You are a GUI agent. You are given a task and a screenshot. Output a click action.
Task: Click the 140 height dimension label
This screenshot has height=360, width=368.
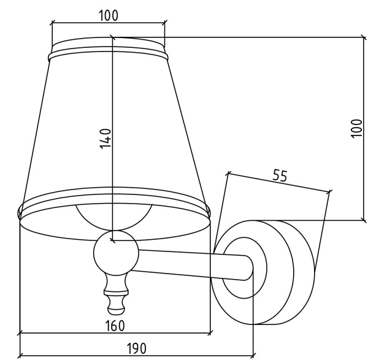point(105,139)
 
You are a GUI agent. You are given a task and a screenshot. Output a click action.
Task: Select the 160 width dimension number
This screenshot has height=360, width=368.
point(115,326)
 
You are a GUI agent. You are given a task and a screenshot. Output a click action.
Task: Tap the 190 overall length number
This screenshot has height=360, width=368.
point(137,348)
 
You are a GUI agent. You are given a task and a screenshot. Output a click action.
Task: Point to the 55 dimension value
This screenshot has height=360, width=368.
point(280,175)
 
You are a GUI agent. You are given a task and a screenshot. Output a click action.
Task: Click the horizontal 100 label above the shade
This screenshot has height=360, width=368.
point(108,16)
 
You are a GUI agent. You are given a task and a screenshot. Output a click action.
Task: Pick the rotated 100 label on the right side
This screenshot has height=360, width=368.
point(356,129)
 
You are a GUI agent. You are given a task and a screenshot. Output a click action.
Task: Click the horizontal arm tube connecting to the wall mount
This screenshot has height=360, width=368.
point(193,264)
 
